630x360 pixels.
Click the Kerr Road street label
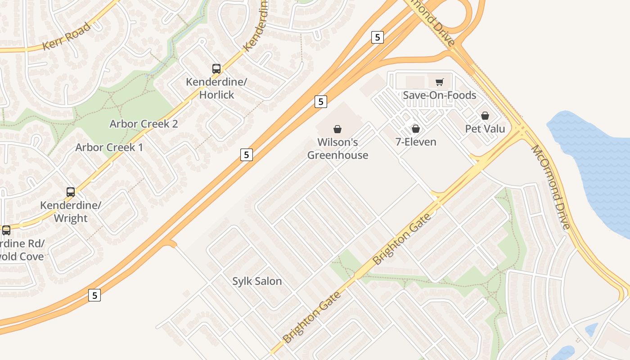[x=66, y=36]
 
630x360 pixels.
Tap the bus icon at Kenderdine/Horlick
[x=216, y=69]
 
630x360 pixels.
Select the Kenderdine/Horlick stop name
[x=216, y=89]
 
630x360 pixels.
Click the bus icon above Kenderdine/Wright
[x=71, y=192]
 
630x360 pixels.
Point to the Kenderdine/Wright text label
[x=71, y=212]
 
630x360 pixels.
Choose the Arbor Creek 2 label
[x=144, y=124]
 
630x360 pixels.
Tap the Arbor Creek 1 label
[x=109, y=147]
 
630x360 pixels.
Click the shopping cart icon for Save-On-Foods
[x=439, y=82]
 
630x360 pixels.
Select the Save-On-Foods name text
[x=439, y=95]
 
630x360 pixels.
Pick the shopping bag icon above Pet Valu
[x=485, y=116]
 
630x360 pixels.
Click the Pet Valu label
[x=485, y=129]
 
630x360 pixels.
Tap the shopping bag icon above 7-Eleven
[x=416, y=129]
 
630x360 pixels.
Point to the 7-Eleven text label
[x=416, y=142]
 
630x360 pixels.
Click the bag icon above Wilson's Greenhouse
[x=337, y=129]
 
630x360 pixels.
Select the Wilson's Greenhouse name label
[x=337, y=148]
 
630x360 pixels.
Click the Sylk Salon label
[x=257, y=281]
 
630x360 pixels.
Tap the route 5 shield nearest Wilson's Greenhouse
[x=320, y=102]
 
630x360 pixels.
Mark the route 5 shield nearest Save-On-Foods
[x=378, y=37]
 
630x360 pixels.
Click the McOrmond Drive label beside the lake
[x=551, y=187]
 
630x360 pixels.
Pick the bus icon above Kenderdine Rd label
[x=6, y=230]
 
